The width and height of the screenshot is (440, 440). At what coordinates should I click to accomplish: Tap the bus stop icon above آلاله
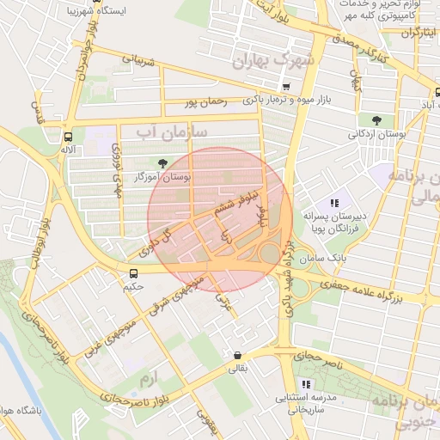tap(67, 137)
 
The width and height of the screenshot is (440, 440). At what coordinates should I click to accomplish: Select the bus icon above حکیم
tap(131, 272)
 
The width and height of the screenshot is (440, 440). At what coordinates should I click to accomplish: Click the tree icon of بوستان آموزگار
tap(161, 162)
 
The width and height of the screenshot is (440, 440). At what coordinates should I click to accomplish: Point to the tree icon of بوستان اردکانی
tap(377, 120)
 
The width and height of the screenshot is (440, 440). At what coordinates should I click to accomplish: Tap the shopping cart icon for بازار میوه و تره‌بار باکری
tap(286, 87)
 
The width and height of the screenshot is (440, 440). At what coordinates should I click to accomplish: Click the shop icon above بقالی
tap(236, 356)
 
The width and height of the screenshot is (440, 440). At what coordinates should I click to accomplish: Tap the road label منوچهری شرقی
tap(181, 294)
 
